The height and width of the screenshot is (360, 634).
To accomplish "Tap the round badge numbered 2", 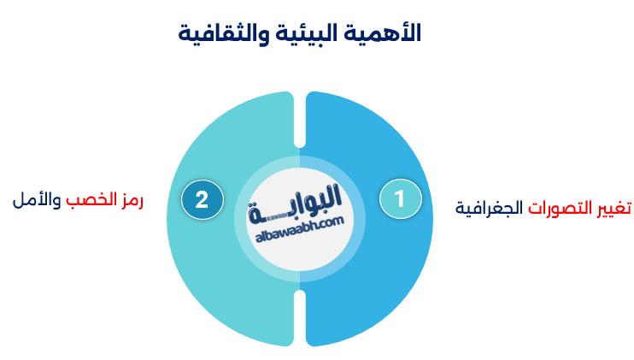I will pos(202,199).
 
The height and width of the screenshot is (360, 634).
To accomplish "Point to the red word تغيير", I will pos(611,208).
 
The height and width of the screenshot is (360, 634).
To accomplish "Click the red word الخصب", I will pos(88,201).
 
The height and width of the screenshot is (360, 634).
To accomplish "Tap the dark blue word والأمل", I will pos(37,201).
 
